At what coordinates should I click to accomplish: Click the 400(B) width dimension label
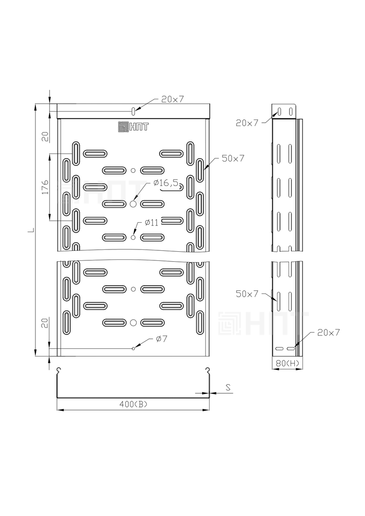click(x=133, y=405)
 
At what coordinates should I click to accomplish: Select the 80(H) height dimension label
click(x=287, y=363)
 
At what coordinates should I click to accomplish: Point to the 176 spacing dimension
click(x=45, y=187)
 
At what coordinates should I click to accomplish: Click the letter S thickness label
click(x=228, y=387)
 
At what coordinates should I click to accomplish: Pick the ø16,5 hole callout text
click(x=168, y=183)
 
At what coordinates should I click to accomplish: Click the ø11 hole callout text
click(x=151, y=223)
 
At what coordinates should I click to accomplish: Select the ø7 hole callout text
click(x=161, y=339)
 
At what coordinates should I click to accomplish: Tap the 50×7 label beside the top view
click(x=233, y=158)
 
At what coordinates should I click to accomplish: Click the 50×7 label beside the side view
click(x=247, y=294)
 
